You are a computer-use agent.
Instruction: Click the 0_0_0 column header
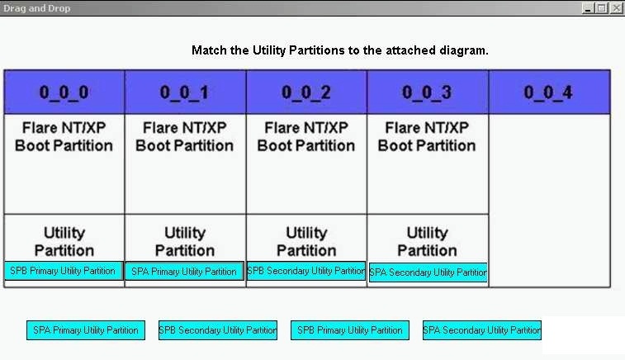64,92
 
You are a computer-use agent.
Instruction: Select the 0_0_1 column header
185,92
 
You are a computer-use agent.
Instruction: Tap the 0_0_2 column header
306,92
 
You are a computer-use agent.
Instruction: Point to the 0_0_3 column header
428,92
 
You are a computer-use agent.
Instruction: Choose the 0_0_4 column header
549,92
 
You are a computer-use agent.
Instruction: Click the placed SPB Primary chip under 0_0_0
64,271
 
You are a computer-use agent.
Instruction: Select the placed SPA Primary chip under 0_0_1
184,272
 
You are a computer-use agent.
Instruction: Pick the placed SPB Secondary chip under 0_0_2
306,271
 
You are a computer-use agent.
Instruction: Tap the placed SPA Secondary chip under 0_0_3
429,272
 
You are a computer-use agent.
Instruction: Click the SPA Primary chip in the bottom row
86,330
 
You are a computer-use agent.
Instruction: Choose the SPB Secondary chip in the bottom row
218,330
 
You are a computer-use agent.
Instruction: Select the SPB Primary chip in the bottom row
350,330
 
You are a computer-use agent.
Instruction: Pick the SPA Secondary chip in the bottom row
482,330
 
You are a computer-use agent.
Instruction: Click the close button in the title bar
616,8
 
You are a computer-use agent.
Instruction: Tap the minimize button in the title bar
588,8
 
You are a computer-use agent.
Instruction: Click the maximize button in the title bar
602,8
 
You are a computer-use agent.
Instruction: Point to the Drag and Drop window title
36,8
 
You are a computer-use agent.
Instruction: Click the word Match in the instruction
209,50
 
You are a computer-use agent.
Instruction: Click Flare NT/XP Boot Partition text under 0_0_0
64,137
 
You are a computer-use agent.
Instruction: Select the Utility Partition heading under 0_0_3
428,242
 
